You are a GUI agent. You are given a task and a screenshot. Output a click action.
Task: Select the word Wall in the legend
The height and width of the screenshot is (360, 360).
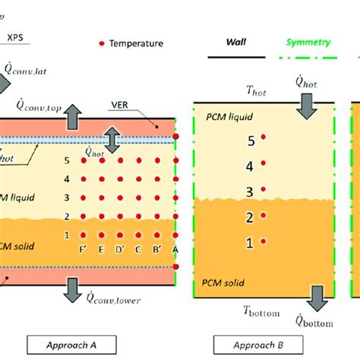click(x=232, y=43)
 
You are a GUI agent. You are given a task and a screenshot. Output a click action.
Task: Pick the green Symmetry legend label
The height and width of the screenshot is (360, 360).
click(x=308, y=43)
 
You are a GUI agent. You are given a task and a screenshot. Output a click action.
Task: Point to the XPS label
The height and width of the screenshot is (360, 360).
click(x=16, y=35)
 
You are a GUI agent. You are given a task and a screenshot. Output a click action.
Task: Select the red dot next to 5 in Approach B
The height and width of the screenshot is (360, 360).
click(x=264, y=137)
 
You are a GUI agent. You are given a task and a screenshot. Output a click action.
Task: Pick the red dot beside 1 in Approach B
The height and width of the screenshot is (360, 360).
click(x=264, y=242)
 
